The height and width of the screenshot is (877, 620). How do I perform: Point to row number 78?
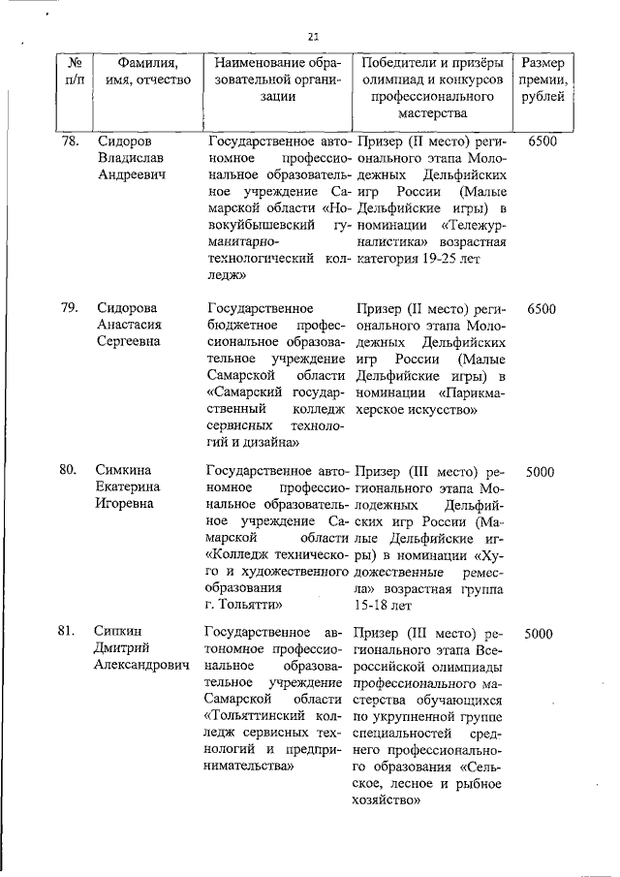click(x=69, y=141)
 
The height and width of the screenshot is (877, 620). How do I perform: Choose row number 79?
click(x=69, y=307)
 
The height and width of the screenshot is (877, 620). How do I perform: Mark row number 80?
click(x=69, y=472)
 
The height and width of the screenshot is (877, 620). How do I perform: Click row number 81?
click(x=69, y=634)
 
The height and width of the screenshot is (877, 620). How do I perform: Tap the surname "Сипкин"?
click(x=118, y=634)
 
